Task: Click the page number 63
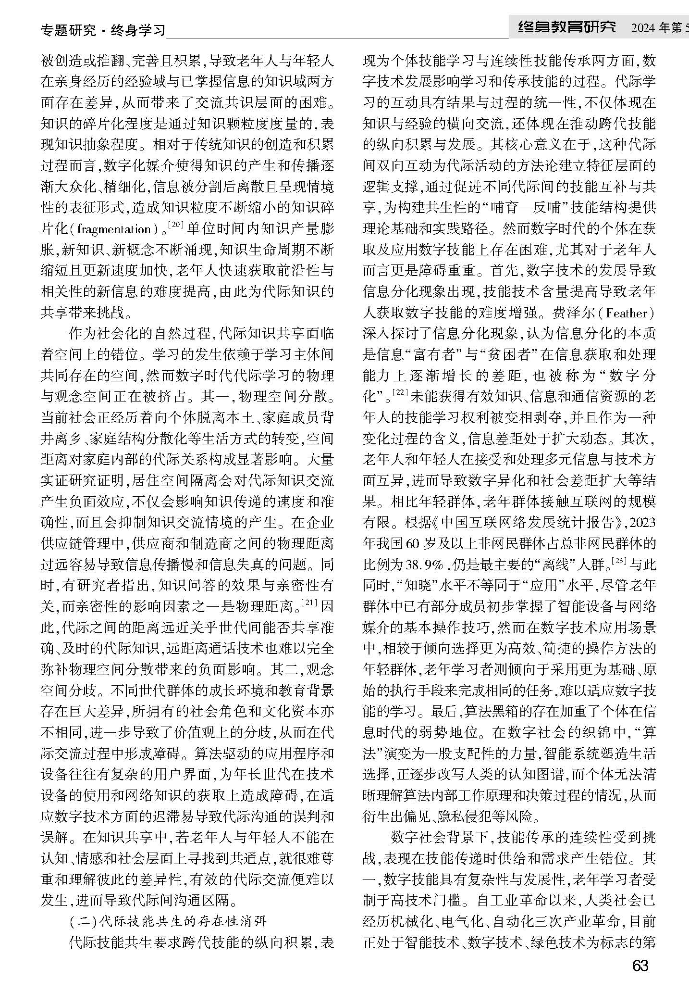point(640,966)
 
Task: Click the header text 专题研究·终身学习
point(103,31)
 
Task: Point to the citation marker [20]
point(177,224)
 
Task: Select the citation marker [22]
point(400,392)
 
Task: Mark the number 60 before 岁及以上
point(413,543)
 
